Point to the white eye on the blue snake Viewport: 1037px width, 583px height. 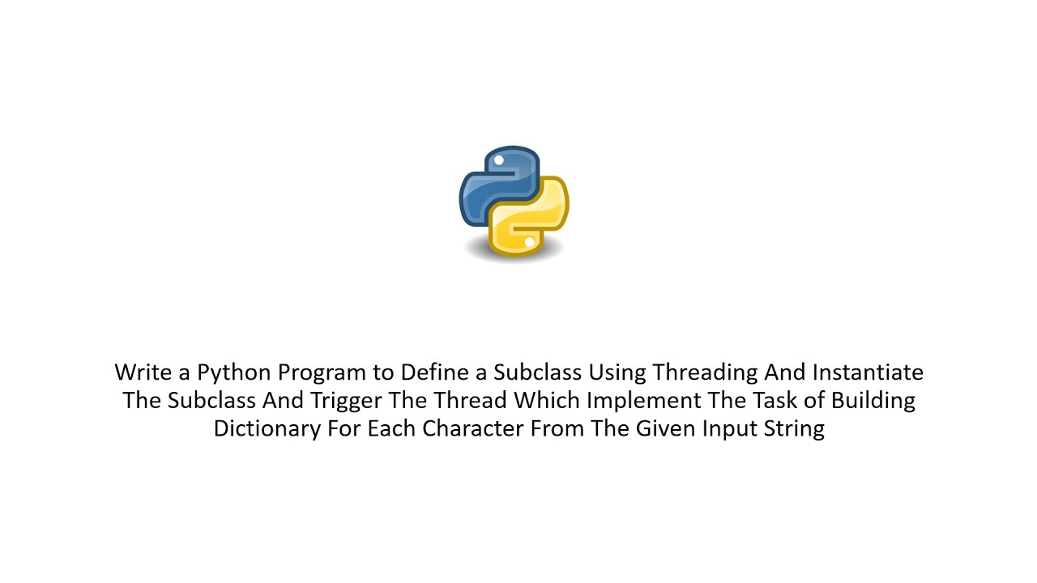[x=499, y=161]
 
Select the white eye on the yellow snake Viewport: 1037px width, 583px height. [x=529, y=242]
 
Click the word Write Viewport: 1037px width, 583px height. [x=141, y=372]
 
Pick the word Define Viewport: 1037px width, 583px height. [x=433, y=372]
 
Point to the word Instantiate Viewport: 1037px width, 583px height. [x=868, y=372]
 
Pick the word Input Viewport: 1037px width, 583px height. [x=731, y=429]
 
